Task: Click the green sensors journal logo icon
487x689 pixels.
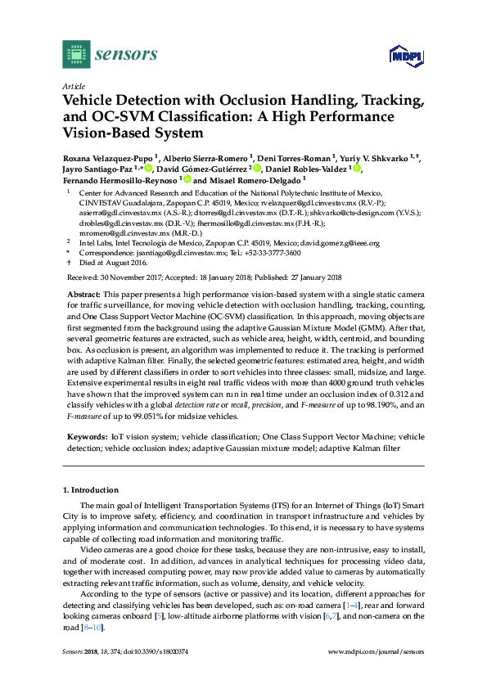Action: (x=76, y=54)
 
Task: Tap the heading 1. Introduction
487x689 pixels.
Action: (x=92, y=490)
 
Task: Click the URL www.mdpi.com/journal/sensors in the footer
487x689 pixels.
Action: (x=375, y=652)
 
